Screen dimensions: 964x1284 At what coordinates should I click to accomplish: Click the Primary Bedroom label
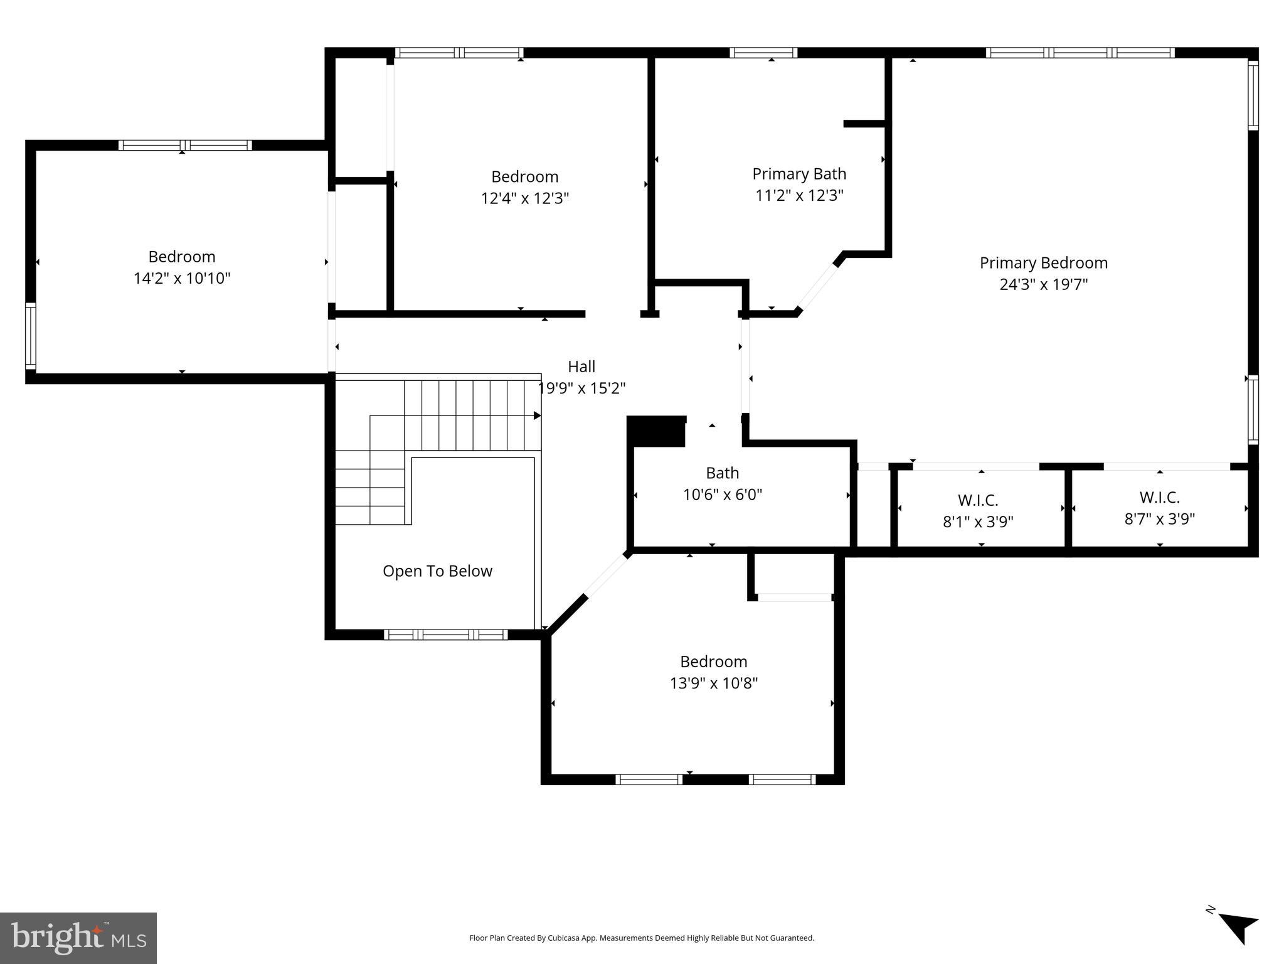(1043, 263)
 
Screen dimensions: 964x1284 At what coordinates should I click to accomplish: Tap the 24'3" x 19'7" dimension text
(1043, 284)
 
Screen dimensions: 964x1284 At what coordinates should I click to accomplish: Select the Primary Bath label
(799, 174)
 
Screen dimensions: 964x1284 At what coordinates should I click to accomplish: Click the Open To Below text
(437, 571)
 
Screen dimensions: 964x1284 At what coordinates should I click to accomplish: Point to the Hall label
(581, 367)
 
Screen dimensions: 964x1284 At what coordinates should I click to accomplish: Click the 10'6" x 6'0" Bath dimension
(722, 495)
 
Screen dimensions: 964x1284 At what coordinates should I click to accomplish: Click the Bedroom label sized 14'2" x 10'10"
(182, 257)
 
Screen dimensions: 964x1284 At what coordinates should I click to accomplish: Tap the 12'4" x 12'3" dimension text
(524, 198)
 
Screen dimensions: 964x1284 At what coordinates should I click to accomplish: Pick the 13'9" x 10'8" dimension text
(713, 683)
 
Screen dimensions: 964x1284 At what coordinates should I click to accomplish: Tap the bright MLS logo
(78, 938)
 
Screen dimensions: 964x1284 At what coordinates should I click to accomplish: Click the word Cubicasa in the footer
(563, 938)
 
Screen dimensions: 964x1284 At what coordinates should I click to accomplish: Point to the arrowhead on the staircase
(537, 415)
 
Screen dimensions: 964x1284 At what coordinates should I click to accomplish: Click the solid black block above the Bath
(656, 431)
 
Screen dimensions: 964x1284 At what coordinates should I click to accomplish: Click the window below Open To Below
(446, 635)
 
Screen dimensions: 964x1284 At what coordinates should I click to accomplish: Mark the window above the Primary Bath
(763, 53)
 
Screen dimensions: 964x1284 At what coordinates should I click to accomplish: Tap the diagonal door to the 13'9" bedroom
(606, 575)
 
